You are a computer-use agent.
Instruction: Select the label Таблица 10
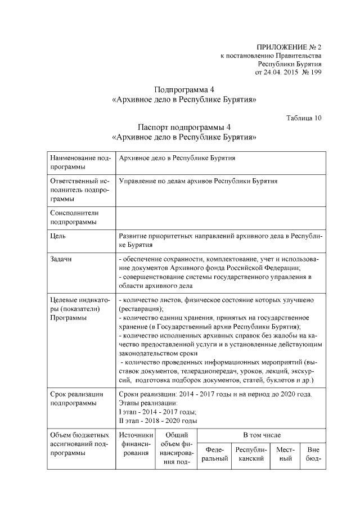(304, 118)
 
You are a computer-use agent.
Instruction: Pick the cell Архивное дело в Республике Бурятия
(177, 158)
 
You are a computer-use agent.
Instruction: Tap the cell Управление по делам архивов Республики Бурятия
(199, 182)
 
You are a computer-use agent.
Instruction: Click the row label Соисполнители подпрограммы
(74, 218)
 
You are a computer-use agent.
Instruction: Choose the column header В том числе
(261, 435)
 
